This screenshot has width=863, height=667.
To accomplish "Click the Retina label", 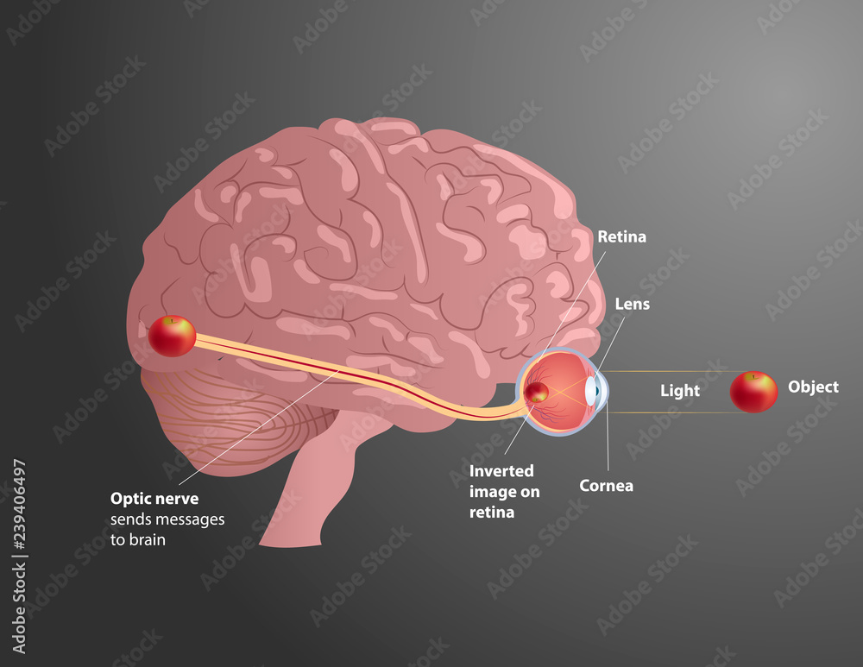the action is [621, 236].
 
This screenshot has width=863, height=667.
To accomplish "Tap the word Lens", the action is [633, 304].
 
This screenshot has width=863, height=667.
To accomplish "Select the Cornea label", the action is [606, 486].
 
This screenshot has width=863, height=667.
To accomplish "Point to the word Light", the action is [680, 391].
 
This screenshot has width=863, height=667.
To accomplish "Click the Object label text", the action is [813, 387].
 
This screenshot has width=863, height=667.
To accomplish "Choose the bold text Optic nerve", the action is [154, 499].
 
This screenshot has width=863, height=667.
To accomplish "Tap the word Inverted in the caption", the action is [501, 471].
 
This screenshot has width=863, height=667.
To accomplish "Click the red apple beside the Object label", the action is [753, 392].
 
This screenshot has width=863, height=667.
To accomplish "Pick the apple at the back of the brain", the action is [173, 336].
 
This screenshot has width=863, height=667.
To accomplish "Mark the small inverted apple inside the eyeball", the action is [537, 393].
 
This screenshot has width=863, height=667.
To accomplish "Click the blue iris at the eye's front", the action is [592, 392].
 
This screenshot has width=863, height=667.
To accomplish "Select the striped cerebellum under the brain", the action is [233, 423].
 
